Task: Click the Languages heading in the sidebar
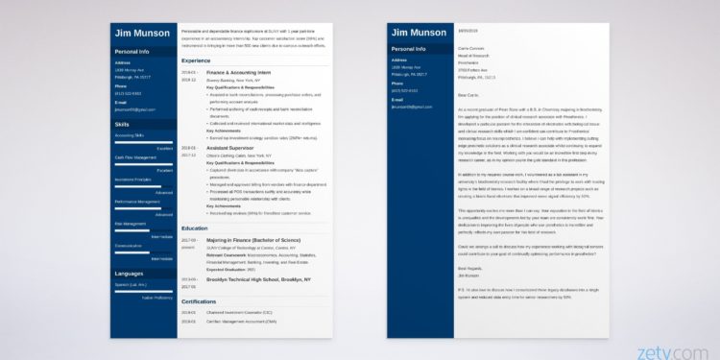(x=129, y=274)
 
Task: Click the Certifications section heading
(x=200, y=301)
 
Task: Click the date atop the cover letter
(x=465, y=29)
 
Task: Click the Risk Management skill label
(x=128, y=223)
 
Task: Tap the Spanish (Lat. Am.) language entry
(x=130, y=285)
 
